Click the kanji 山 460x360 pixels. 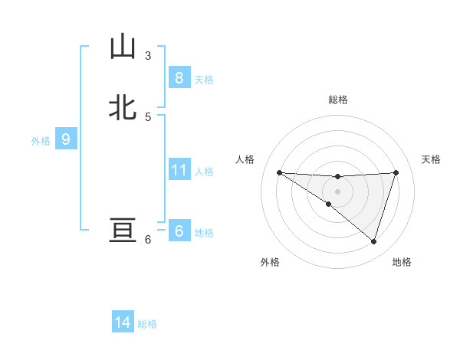[x=123, y=47]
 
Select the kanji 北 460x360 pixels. [x=123, y=107]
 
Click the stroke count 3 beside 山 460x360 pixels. [x=147, y=55]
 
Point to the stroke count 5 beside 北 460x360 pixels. [x=147, y=116]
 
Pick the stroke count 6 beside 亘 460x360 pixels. [x=147, y=240]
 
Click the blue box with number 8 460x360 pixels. [x=179, y=77]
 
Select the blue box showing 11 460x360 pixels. [x=179, y=170]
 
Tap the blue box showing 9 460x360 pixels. [x=66, y=139]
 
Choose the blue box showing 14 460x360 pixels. [x=123, y=322]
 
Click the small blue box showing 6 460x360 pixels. [x=179, y=231]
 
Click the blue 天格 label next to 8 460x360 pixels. [x=204, y=79]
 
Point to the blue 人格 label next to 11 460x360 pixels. [x=204, y=172]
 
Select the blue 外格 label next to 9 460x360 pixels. [x=41, y=141]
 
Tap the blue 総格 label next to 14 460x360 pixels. [x=147, y=324]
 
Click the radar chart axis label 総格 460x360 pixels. [x=337, y=100]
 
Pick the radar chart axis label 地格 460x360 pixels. [x=402, y=262]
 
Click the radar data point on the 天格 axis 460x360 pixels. [x=396, y=172]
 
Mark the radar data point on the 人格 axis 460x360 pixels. [x=279, y=172]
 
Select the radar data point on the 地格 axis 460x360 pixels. [x=373, y=241]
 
